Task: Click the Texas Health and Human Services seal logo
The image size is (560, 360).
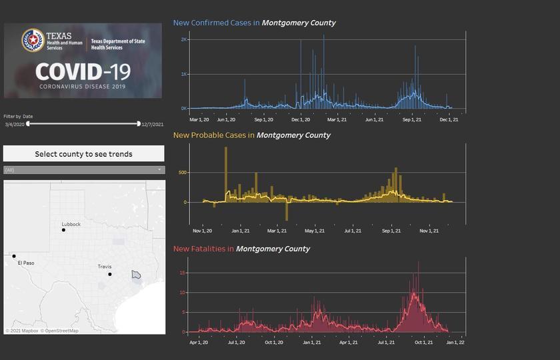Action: pyautogui.click(x=33, y=41)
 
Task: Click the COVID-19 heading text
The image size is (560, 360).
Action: pyautogui.click(x=82, y=72)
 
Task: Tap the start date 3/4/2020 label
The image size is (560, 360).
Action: pyautogui.click(x=15, y=124)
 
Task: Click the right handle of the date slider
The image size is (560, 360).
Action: pyautogui.click(x=139, y=123)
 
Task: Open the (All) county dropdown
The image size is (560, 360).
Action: pyautogui.click(x=83, y=170)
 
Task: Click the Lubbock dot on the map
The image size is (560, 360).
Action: pyautogui.click(x=64, y=230)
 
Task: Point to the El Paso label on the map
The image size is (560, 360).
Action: pyautogui.click(x=26, y=263)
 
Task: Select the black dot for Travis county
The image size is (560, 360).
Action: pyautogui.click(x=110, y=274)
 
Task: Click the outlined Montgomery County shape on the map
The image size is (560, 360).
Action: pyautogui.click(x=136, y=274)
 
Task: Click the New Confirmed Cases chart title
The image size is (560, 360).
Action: pyautogui.click(x=254, y=23)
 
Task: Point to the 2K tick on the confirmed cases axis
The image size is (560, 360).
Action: pyautogui.click(x=184, y=39)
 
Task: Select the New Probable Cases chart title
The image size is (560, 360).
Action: pyautogui.click(x=251, y=135)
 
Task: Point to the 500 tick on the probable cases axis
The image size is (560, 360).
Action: pyautogui.click(x=181, y=173)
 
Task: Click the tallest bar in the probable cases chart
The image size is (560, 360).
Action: pyautogui.click(x=226, y=173)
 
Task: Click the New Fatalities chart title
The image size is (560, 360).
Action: pyautogui.click(x=241, y=249)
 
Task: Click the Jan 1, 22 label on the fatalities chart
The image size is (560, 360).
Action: pyautogui.click(x=455, y=343)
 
